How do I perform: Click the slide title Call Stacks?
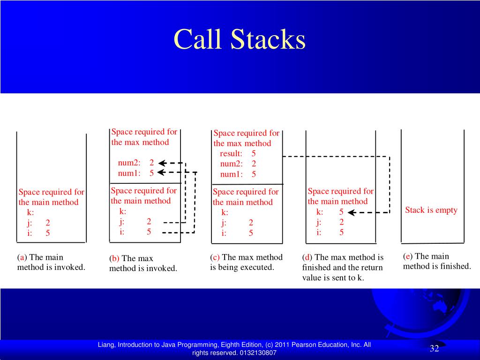(240, 39)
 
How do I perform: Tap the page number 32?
(434, 348)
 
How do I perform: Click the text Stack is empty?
(431, 210)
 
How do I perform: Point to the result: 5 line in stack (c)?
(238, 154)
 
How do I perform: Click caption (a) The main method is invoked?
(51, 262)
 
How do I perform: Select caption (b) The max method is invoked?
(143, 263)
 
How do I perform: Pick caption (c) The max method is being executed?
(246, 262)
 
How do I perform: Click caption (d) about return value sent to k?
(343, 267)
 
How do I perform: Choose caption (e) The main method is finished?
(436, 262)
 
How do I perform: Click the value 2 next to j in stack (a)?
(48, 223)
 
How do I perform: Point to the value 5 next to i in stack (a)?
(48, 233)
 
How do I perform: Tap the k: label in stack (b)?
(123, 211)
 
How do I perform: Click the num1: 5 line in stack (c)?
(238, 174)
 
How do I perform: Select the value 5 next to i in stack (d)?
(341, 232)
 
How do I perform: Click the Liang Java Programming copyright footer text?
(234, 349)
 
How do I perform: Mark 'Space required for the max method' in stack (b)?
(144, 137)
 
